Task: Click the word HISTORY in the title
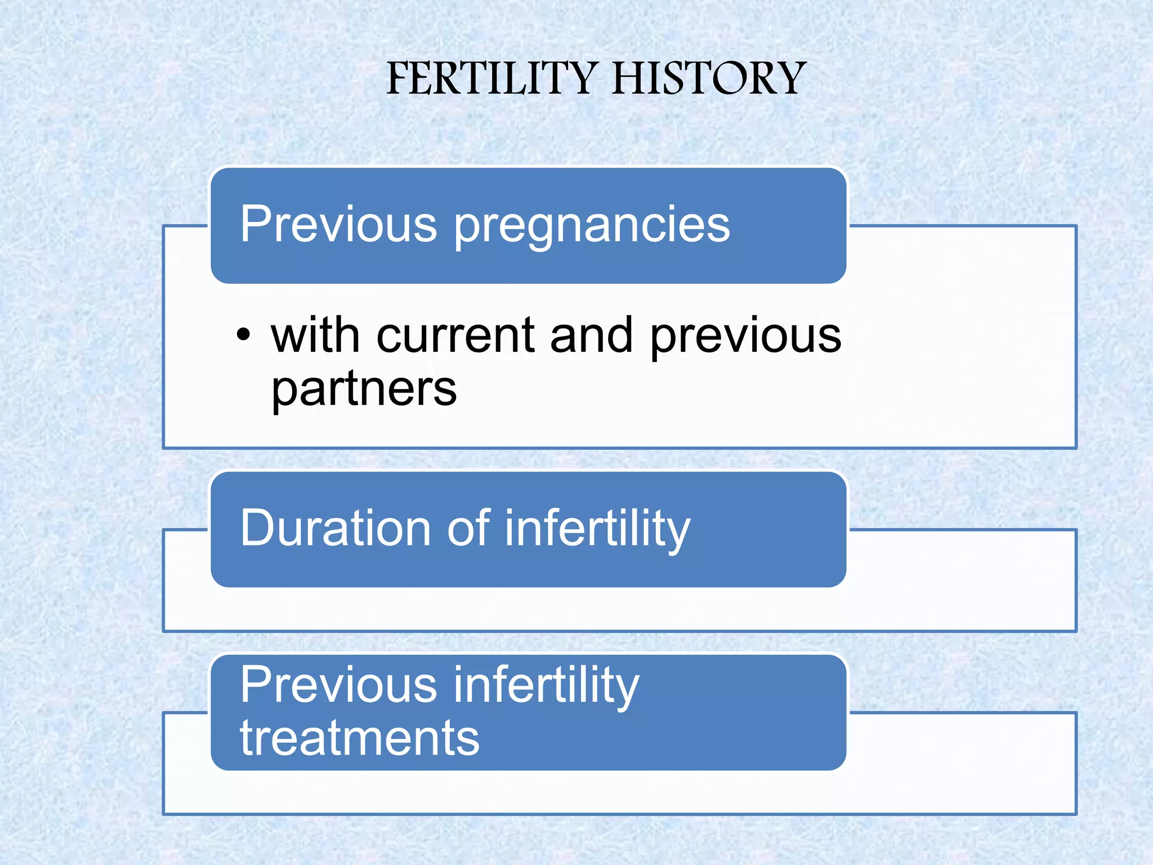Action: pyautogui.click(x=709, y=78)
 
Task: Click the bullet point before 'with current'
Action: pyautogui.click(x=243, y=335)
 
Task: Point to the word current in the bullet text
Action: pyautogui.click(x=455, y=336)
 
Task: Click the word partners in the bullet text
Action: pyautogui.click(x=364, y=390)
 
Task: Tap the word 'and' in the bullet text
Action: pyautogui.click(x=591, y=336)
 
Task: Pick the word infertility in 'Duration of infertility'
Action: pyautogui.click(x=597, y=529)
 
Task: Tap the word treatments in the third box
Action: pyautogui.click(x=360, y=738)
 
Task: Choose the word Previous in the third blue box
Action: pyautogui.click(x=338, y=685)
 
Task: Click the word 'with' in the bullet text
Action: pyautogui.click(x=315, y=336)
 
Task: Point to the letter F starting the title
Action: pyautogui.click(x=399, y=78)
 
